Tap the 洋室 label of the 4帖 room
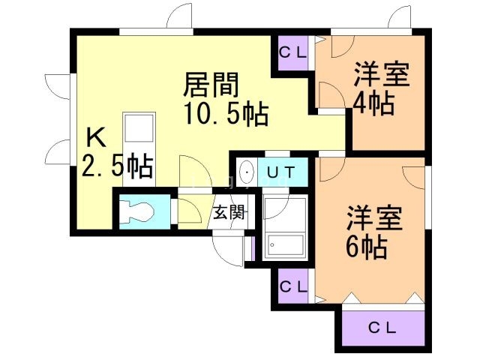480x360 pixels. coord(380,76)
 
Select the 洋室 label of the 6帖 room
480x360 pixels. coord(374,218)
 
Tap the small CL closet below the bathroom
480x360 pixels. coord(292,286)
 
